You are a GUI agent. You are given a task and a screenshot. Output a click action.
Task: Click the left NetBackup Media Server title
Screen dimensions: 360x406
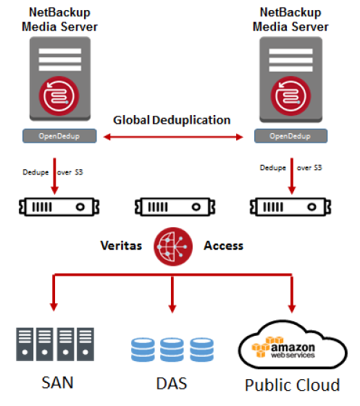[x=59, y=20]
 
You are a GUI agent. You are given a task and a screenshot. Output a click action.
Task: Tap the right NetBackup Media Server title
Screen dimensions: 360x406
[x=290, y=20]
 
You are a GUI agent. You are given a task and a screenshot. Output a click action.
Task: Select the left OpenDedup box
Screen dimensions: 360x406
[x=59, y=136]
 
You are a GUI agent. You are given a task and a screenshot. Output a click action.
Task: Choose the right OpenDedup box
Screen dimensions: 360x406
[x=290, y=136]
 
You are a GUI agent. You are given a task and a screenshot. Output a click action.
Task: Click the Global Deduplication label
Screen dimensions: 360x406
[x=172, y=120]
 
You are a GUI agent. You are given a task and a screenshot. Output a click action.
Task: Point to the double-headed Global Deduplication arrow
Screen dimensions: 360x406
[x=173, y=137]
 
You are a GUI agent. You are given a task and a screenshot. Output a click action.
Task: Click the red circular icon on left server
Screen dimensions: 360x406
[x=59, y=96]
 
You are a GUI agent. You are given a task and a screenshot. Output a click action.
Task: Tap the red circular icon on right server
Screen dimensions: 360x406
[x=290, y=96]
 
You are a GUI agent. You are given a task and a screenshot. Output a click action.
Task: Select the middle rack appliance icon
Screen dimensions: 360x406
[x=175, y=207]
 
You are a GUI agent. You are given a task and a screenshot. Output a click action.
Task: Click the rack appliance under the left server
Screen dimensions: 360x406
[x=59, y=207]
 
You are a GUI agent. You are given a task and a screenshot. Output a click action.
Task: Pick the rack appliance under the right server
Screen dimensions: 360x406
[x=290, y=207]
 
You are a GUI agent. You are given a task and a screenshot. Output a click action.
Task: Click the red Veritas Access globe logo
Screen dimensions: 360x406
[x=173, y=247]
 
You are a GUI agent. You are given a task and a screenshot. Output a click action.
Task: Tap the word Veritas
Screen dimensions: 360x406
[x=121, y=246]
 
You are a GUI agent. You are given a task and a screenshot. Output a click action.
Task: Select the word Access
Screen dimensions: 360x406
[x=224, y=246]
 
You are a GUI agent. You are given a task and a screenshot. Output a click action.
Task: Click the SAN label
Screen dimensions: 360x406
[x=57, y=382]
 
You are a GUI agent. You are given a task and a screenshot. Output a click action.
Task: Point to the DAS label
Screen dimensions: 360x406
[x=172, y=384]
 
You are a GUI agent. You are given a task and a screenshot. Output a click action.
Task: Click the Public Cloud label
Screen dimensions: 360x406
[x=293, y=385]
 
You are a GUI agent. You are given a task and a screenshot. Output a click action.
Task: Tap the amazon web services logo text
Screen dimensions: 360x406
[x=293, y=350]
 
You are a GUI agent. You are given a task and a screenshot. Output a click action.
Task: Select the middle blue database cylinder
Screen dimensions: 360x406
[x=172, y=350]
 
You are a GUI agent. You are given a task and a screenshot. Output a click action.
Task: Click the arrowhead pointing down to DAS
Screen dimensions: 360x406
[x=172, y=309]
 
